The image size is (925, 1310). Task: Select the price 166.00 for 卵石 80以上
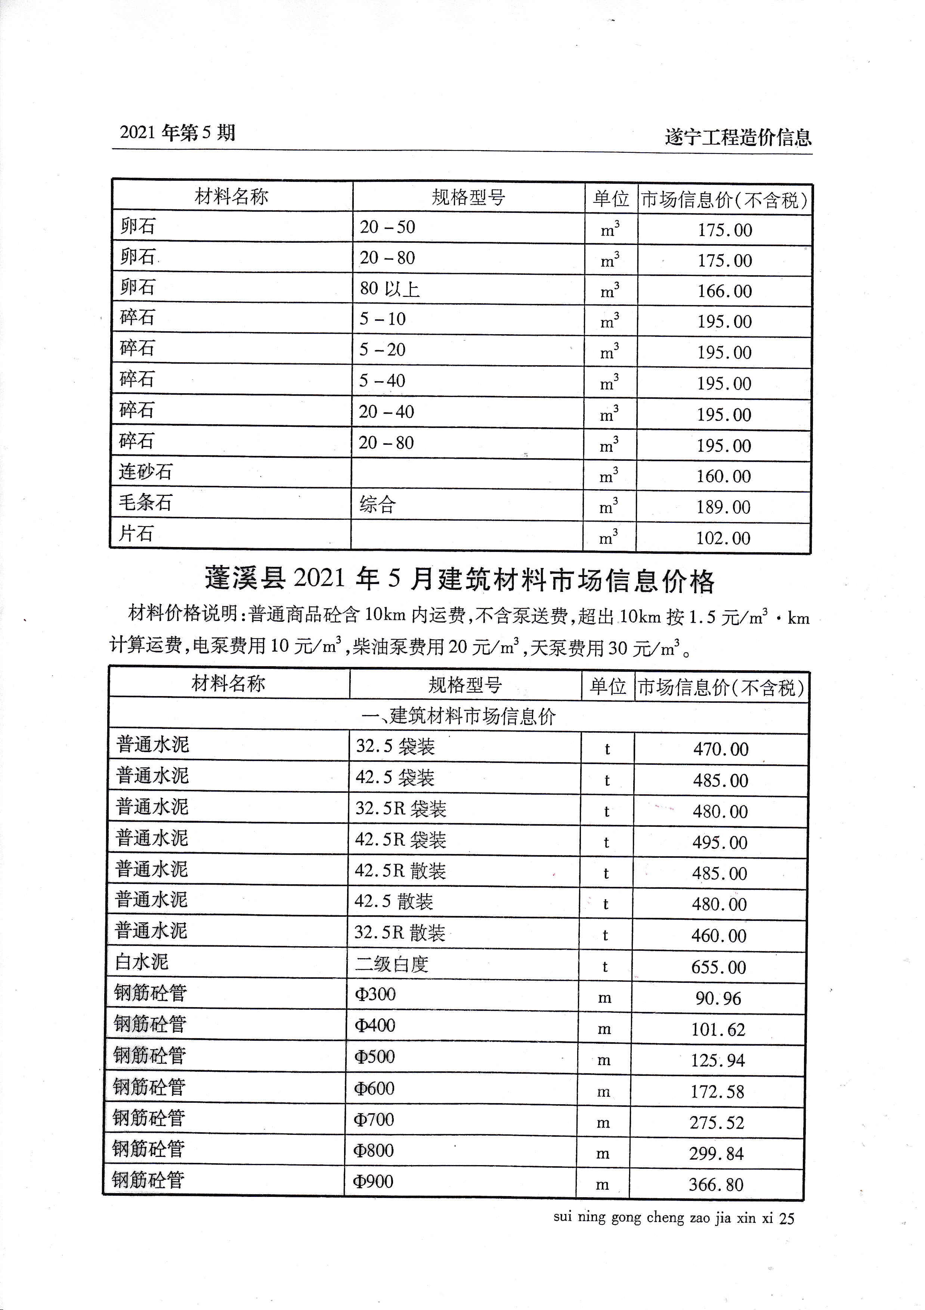[724, 291]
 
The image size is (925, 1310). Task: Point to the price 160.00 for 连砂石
[723, 476]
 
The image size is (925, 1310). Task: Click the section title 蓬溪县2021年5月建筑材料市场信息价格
[460, 580]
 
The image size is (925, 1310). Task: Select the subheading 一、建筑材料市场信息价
[458, 716]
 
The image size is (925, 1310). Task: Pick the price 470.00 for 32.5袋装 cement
[721, 749]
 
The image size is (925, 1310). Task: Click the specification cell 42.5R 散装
[400, 871]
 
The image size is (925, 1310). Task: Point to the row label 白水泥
[142, 962]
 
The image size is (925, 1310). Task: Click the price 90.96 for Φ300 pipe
[718, 999]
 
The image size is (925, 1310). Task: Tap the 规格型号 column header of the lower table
[465, 685]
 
